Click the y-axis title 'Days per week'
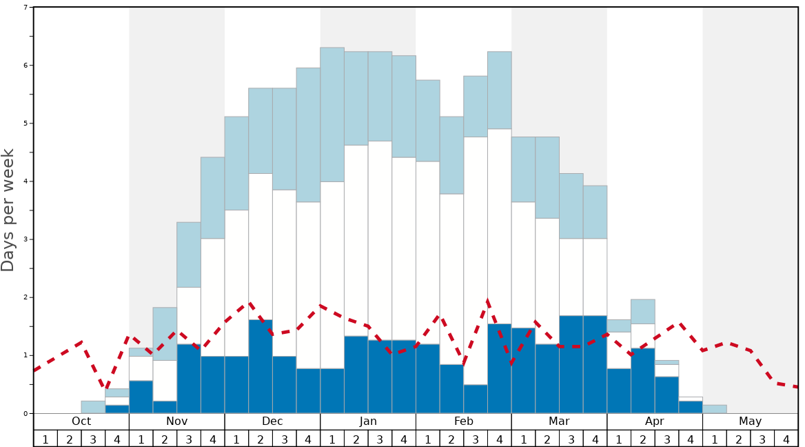pyautogui.click(x=8, y=210)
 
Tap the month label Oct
pyautogui.click(x=81, y=421)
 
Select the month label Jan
pyautogui.click(x=368, y=421)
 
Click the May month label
pyautogui.click(x=751, y=421)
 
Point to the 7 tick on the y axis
pyautogui.click(x=26, y=8)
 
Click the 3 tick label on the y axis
pyautogui.click(x=26, y=239)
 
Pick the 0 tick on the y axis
pyautogui.click(x=26, y=413)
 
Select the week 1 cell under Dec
pyautogui.click(x=236, y=439)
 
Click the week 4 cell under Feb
pyautogui.click(x=500, y=439)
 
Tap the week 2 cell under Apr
pyautogui.click(x=643, y=439)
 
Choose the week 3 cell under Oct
pyautogui.click(x=93, y=439)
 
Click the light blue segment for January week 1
pyautogui.click(x=332, y=115)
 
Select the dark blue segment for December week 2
pyautogui.click(x=261, y=366)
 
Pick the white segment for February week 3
pyautogui.click(x=476, y=261)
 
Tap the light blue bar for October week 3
pyautogui.click(x=93, y=407)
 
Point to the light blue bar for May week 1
pyautogui.click(x=715, y=409)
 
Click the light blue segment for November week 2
pyautogui.click(x=165, y=334)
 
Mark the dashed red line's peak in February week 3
pyautogui.click(x=487, y=301)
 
